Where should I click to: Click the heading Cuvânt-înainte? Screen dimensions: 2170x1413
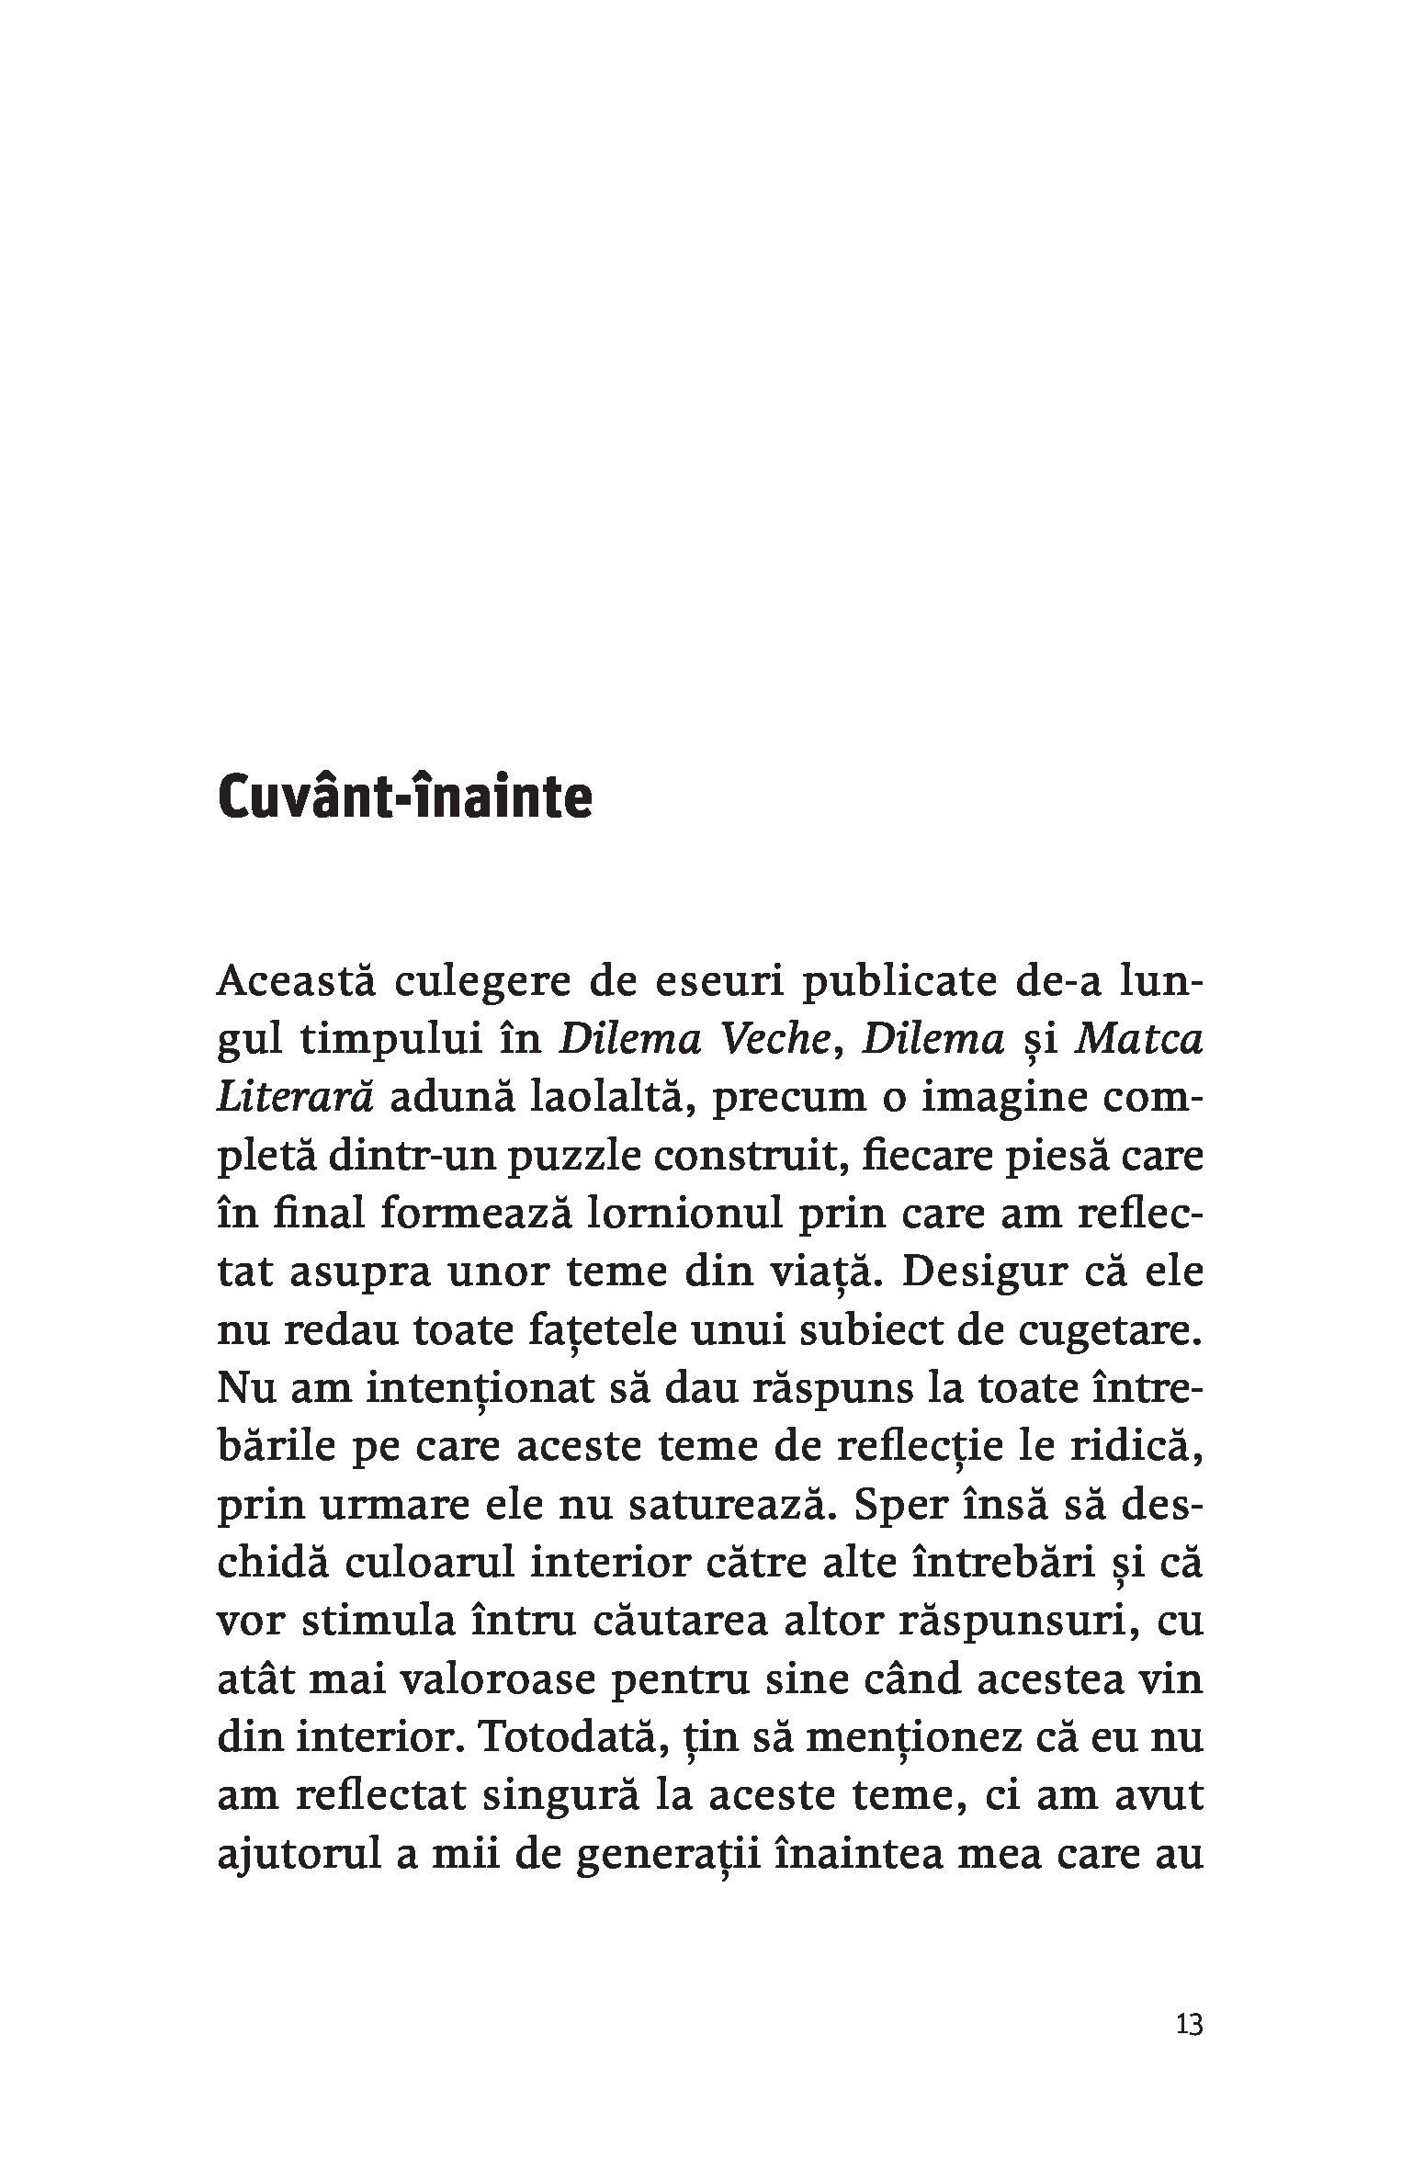404,799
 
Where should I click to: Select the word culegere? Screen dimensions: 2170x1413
479,983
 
